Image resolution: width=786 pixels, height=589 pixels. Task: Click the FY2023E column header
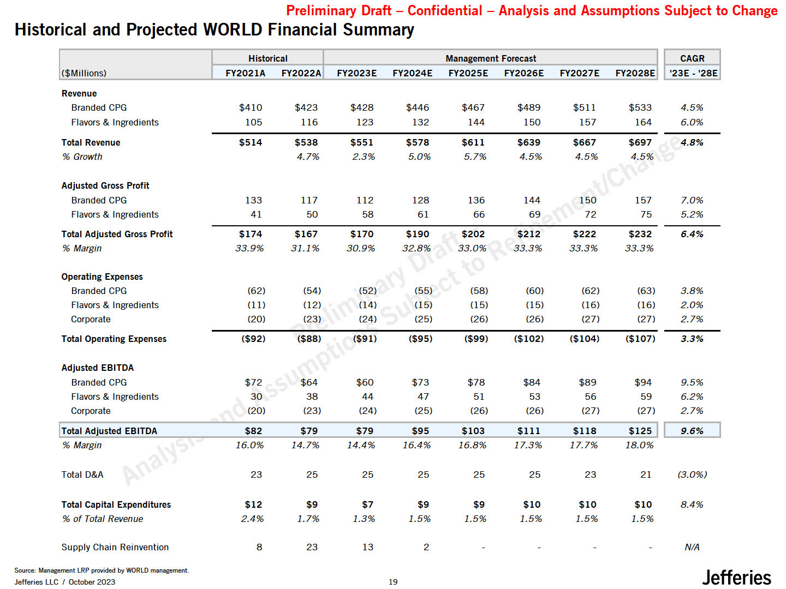[x=356, y=73]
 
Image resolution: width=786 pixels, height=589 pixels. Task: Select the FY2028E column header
[x=635, y=73]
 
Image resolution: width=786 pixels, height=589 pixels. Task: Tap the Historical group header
[x=267, y=58]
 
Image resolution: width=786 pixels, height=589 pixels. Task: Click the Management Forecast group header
[x=490, y=58]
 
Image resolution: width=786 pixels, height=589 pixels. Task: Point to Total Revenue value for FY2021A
[x=251, y=142]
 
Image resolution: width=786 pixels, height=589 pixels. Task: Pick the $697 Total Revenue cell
[x=640, y=142]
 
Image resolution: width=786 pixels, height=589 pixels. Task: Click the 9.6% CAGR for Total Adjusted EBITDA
[x=692, y=431]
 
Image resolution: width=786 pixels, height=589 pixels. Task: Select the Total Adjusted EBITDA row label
[x=109, y=431]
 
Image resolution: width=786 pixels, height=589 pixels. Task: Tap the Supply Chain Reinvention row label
[x=115, y=547]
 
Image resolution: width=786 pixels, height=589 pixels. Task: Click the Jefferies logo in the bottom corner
[x=736, y=577]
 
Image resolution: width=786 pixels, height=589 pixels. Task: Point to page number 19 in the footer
[x=393, y=582]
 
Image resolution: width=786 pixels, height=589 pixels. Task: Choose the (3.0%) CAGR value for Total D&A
[x=692, y=474]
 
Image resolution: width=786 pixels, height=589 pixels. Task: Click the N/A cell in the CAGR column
[x=692, y=547]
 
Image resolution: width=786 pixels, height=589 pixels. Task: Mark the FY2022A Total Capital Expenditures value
[x=312, y=504]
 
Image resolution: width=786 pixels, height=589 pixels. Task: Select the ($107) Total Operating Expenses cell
[x=640, y=339]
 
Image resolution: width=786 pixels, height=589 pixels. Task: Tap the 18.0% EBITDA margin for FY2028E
[x=639, y=445]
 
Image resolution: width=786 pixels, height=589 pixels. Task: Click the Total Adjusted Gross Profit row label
[x=117, y=234]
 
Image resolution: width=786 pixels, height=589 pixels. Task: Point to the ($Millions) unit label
[x=84, y=73]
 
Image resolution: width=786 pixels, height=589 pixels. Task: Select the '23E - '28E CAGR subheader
[x=693, y=73]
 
